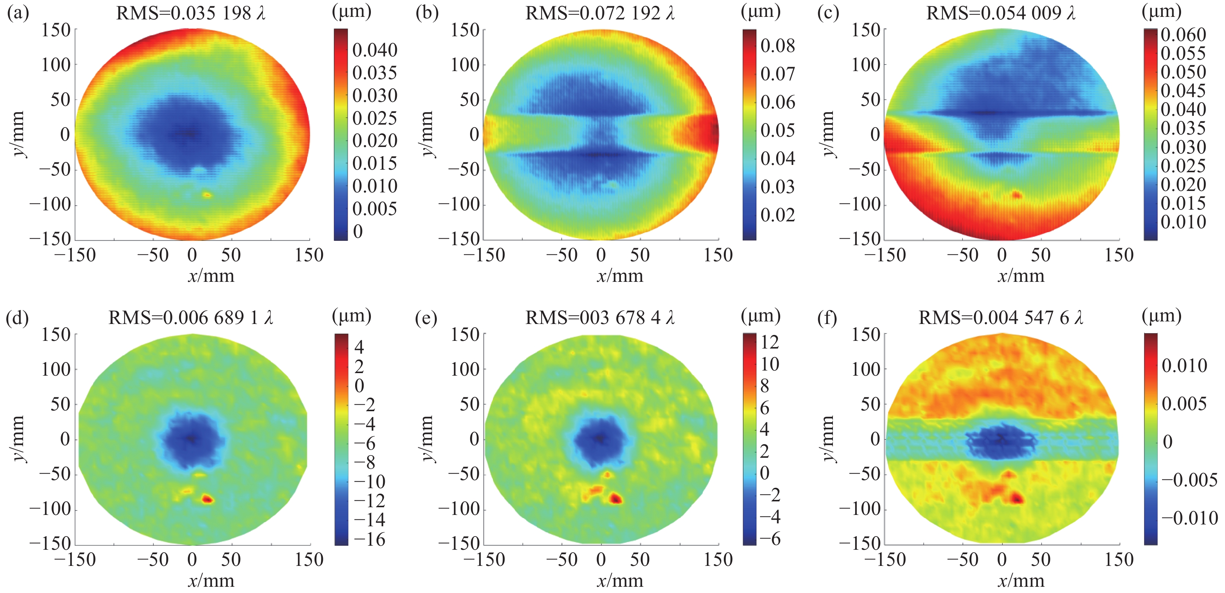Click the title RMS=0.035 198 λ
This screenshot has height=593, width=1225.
191,13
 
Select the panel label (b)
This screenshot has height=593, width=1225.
427,13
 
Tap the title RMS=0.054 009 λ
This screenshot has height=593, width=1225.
1001,13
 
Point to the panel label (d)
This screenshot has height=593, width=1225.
17,318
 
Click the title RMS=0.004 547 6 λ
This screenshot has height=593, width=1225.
1001,318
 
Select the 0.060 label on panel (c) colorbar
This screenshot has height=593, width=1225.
1183,35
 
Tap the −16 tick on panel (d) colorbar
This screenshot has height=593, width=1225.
369,539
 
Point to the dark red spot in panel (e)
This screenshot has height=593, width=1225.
616,499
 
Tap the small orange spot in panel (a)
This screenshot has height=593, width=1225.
207,195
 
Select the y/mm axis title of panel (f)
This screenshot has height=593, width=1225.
828,438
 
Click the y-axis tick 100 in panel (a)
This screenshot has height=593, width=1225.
56,65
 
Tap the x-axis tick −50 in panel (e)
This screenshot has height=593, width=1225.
562,560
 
